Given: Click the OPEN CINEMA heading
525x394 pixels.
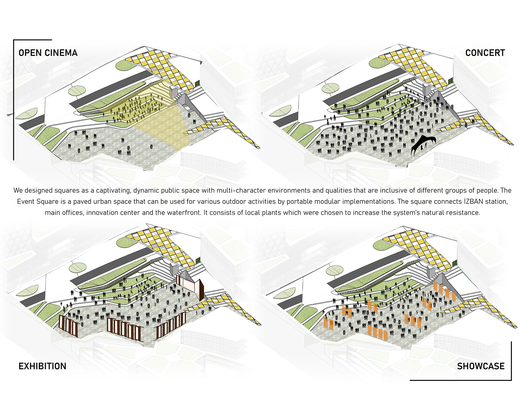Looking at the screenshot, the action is coord(48,53).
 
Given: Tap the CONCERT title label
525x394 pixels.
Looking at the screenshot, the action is coord(485,53).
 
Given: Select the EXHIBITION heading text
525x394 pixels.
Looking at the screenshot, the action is coord(42,366).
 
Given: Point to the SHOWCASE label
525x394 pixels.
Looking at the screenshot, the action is coord(481,366).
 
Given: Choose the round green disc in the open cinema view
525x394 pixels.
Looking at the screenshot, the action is coord(77,90).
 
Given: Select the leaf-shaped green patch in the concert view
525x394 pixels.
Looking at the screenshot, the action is coord(280,111).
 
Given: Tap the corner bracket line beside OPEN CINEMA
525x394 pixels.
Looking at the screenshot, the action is coord(14,100).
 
